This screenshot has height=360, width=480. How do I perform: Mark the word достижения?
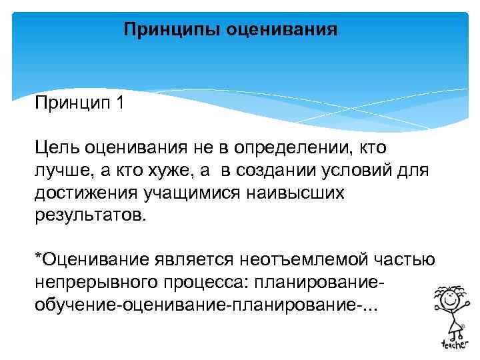pos(84,193)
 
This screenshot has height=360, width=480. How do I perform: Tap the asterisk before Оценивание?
pos(38,257)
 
